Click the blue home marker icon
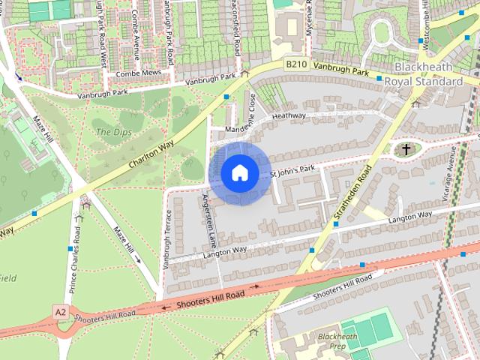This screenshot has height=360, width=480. tap(239, 172)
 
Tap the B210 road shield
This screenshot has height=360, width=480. tap(295, 65)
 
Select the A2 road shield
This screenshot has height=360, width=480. tap(60, 310)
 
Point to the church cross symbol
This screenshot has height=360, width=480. tap(406, 150)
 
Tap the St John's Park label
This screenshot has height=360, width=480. tap(292, 172)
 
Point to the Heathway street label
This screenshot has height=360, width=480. tap(289, 116)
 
